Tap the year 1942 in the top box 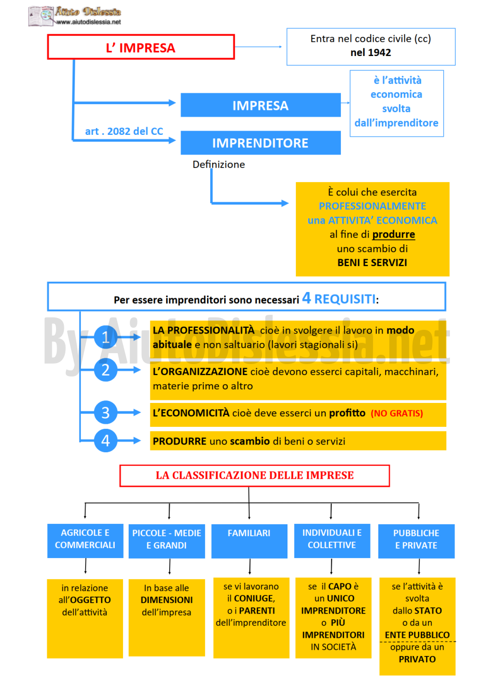(380, 52)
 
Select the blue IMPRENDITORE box (261, 143)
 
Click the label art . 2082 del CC (124, 131)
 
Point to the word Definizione (218, 164)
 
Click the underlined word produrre (393, 234)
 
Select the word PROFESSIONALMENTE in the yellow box (372, 206)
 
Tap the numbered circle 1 (105, 337)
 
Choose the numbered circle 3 (105, 412)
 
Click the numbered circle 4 (105, 440)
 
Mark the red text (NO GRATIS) (396, 413)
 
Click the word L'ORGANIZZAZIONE (200, 371)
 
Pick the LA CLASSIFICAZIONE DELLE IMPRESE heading (254, 476)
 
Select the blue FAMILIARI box (249, 541)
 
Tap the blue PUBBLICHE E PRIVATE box (416, 541)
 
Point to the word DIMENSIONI (167, 600)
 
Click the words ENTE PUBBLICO (417, 635)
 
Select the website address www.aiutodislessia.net (88, 22)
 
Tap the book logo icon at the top (41, 16)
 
